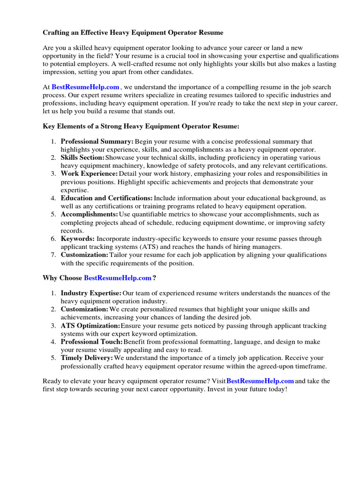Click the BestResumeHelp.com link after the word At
85,87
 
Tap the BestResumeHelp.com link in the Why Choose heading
117,278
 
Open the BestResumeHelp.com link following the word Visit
260,381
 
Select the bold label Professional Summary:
97,141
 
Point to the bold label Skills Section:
82,157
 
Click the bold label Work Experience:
89,173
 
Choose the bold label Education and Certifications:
106,198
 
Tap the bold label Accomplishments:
89,214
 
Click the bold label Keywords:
77,239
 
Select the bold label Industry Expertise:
90,293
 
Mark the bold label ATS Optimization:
90,325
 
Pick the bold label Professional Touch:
92,342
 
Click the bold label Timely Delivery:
87,358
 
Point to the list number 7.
53,255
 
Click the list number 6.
53,239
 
